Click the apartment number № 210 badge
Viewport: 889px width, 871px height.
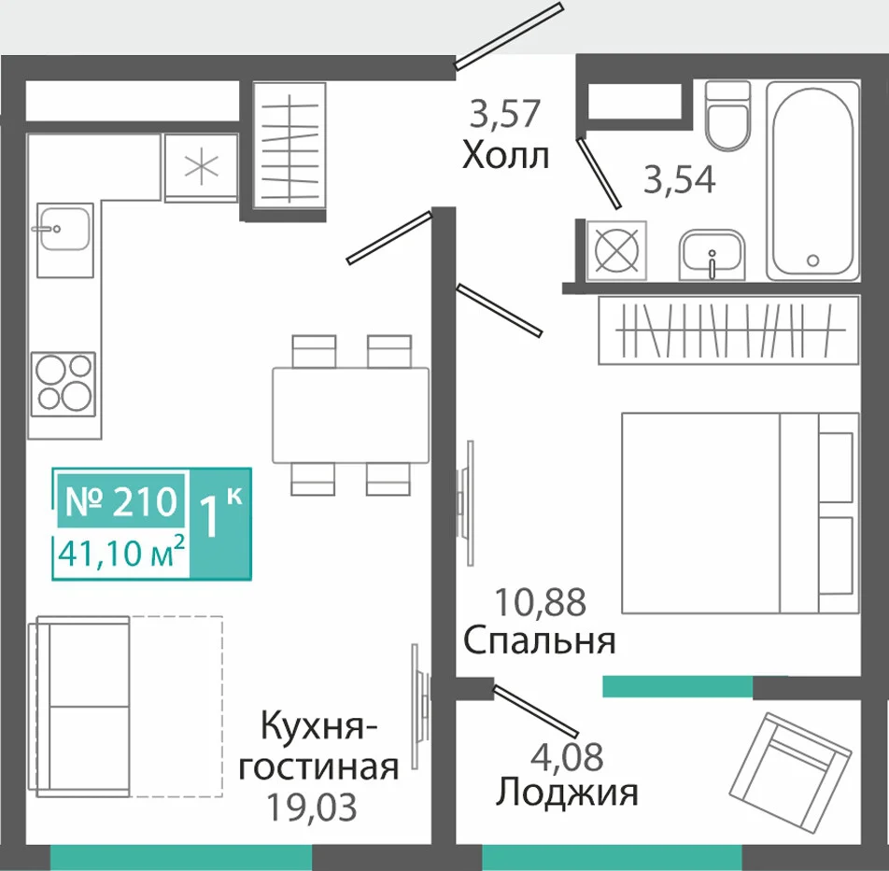120,500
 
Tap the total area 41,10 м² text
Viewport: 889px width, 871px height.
122,553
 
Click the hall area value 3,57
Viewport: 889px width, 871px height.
505,113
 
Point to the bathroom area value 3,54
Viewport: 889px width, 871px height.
680,179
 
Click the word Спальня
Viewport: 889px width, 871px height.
539,641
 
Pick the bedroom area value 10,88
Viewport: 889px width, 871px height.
541,601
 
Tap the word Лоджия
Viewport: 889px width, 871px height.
567,792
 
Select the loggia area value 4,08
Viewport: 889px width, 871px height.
567,755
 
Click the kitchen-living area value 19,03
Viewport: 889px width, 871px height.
312,807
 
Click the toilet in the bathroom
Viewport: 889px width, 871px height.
728,115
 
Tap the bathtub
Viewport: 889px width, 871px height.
813,180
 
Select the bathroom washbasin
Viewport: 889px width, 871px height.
712,255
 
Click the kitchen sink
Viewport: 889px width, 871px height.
65,240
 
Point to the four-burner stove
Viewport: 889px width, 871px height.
63,384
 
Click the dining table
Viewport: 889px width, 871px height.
350,414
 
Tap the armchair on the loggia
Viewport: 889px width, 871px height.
790,762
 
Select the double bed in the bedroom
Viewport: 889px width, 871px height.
740,513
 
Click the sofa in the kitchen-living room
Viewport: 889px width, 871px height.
83,706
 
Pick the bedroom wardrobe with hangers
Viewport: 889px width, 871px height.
728,330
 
